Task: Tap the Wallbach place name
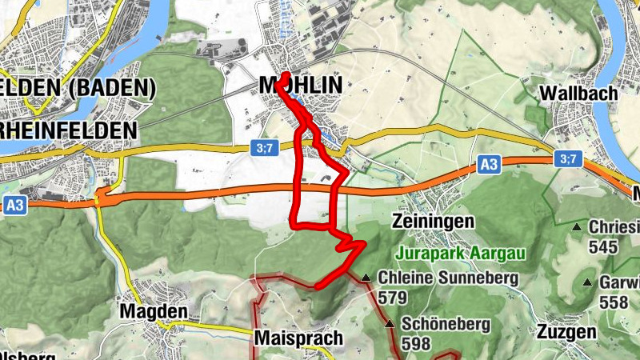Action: [x=578, y=94]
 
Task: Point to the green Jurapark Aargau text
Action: [x=460, y=254]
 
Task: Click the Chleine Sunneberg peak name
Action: [x=448, y=278]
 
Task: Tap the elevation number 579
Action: [x=394, y=298]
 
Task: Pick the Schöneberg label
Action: [x=439, y=324]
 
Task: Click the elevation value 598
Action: [x=416, y=344]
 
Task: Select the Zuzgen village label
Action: [x=567, y=332]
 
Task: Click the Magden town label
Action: [x=153, y=310]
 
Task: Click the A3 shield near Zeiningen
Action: [x=490, y=165]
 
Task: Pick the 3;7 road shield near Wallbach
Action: [x=568, y=159]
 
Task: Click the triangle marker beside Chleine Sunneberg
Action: [x=366, y=278]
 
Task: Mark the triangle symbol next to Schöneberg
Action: [x=390, y=324]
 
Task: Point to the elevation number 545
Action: [x=602, y=247]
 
